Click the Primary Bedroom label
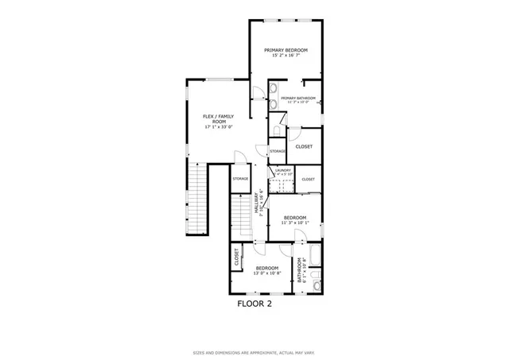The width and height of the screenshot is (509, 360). point(286,49)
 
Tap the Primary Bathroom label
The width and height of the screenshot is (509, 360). point(297,98)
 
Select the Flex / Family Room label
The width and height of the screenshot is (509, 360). point(220,118)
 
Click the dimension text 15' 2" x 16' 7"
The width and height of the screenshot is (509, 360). point(286,56)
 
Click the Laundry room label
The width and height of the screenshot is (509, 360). point(283,170)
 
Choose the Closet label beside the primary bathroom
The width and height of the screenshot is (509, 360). point(304,146)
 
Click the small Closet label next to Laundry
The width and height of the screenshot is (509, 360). point(308,180)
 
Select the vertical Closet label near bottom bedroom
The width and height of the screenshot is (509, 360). point(237,257)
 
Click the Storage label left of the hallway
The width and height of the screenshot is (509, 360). point(240,179)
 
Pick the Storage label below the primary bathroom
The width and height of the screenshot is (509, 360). point(278,151)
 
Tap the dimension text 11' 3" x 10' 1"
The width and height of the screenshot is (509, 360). point(295,223)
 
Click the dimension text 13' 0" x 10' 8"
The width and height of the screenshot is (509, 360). point(267,273)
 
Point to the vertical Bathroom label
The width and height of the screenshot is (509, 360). point(301,271)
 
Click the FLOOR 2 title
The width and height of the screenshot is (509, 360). point(254,303)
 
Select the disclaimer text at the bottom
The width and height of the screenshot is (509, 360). point(254,352)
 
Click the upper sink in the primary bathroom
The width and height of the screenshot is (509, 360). point(273,88)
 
